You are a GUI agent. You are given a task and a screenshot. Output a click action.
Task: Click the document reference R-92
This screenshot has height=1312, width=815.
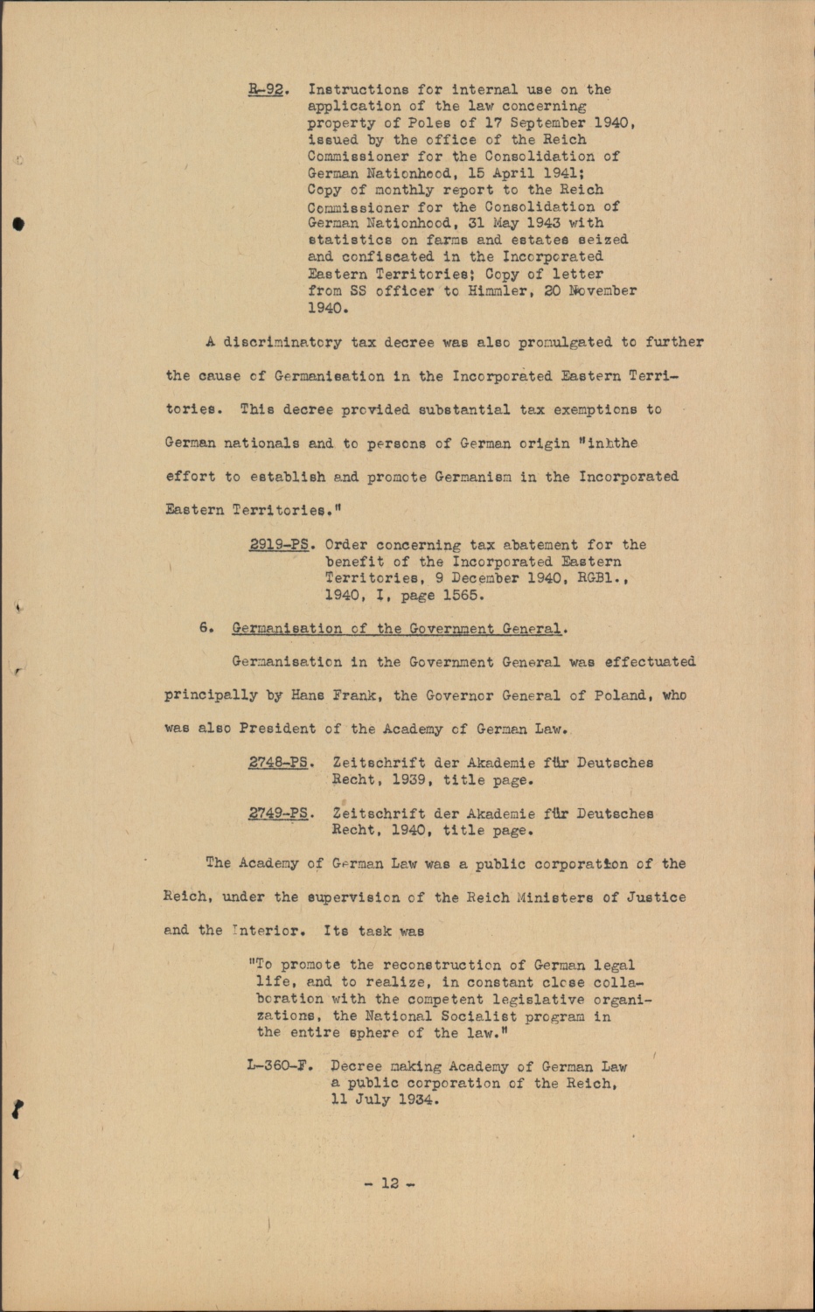(x=267, y=89)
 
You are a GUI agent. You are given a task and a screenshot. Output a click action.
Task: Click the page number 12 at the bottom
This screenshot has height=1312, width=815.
(x=390, y=1183)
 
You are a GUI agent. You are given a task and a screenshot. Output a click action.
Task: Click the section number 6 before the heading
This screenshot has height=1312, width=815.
(x=205, y=628)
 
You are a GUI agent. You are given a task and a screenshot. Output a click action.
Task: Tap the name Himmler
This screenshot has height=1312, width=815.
(x=498, y=290)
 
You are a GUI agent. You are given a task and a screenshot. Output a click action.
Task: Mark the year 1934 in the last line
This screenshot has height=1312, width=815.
(x=414, y=1099)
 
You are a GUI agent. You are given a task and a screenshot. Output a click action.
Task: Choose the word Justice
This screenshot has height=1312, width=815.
(x=656, y=897)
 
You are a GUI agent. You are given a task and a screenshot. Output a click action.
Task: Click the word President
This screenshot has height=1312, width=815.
(x=277, y=729)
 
